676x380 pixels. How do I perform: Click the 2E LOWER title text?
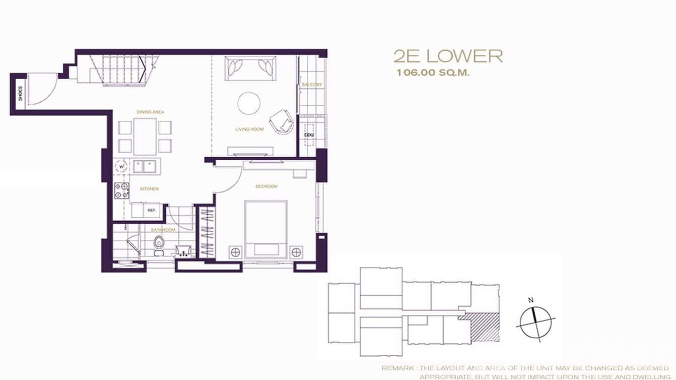coord(448,56)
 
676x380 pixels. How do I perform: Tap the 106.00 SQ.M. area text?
coord(433,73)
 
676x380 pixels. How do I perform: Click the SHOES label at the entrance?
coord(20,94)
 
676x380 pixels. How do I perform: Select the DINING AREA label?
coord(150,112)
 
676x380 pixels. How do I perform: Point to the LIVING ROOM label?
coord(249,130)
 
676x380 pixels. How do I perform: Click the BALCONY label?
coord(311,85)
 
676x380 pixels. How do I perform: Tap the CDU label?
coord(308,135)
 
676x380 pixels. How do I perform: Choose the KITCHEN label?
coord(150,189)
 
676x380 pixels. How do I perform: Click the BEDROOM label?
coord(266,187)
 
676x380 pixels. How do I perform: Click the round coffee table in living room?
coord(249,103)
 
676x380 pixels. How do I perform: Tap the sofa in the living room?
coord(250,68)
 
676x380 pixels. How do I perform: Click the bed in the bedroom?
coord(266,229)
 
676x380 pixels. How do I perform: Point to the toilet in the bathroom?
coord(159,243)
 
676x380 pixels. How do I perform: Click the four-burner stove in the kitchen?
coord(121,190)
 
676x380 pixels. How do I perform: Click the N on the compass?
coord(530,300)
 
